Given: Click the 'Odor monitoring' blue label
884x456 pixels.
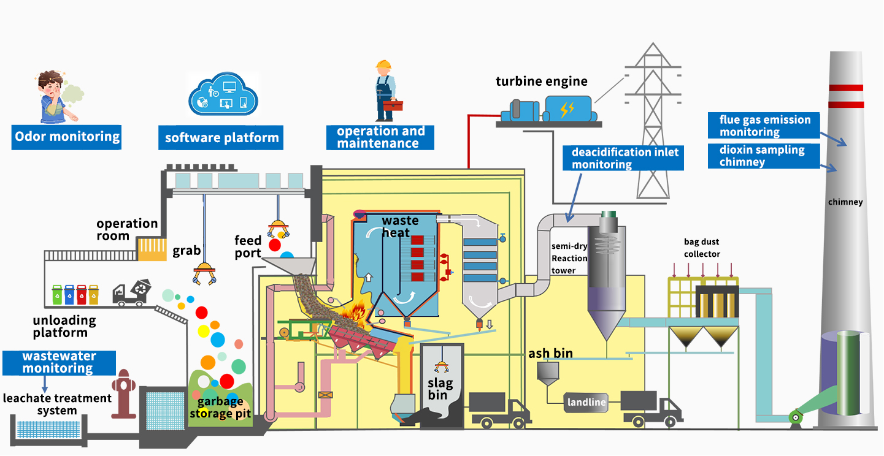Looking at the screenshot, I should pyautogui.click(x=67, y=137).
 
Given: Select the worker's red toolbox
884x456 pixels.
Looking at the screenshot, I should pyautogui.click(x=393, y=107).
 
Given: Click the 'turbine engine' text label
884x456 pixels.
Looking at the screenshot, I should pyautogui.click(x=542, y=82).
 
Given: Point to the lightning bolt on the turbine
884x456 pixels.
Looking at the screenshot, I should pyautogui.click(x=567, y=110).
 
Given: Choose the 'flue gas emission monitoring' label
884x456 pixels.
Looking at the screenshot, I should pyautogui.click(x=764, y=126).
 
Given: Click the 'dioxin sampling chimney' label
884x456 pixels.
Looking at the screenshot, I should pyautogui.click(x=763, y=156).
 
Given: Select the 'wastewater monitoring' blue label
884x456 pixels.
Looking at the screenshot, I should pyautogui.click(x=59, y=362).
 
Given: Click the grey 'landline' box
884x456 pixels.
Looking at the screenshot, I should pyautogui.click(x=586, y=402).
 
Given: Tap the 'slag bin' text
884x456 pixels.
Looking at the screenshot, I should pyautogui.click(x=441, y=390).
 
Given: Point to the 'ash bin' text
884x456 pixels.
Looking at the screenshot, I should pyautogui.click(x=551, y=354).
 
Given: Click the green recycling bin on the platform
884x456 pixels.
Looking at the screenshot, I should pyautogui.click(x=57, y=295).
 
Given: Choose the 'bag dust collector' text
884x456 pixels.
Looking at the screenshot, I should pyautogui.click(x=702, y=248).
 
